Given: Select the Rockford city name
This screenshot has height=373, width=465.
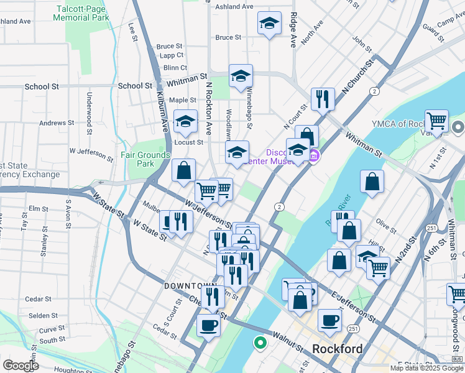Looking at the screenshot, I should click(x=337, y=348).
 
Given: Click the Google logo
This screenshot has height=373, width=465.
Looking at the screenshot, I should click(x=21, y=366).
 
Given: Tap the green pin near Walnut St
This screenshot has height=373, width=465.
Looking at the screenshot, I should click(x=260, y=342).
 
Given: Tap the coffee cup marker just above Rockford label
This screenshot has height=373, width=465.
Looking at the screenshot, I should click(x=329, y=320).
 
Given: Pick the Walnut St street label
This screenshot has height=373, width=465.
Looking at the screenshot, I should click(x=287, y=340).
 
